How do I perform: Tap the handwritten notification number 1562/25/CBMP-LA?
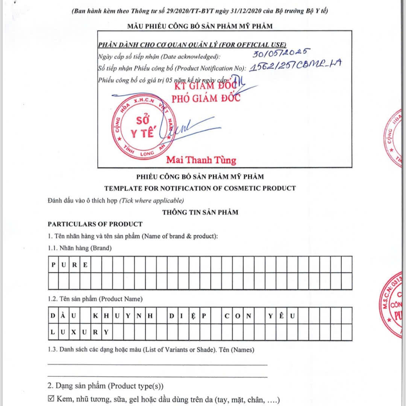coord(295,66)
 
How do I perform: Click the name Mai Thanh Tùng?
coord(201,160)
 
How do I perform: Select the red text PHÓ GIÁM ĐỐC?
coord(206,98)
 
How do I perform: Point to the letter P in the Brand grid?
coord(53,265)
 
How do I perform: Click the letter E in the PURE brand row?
coord(86,265)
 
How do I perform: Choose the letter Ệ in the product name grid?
coord(193,316)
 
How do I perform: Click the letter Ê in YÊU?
coord(281,316)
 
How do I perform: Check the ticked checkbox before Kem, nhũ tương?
coord(51,399)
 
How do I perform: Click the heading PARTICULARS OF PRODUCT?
coord(95,224)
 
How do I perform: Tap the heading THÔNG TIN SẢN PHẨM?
coord(200,212)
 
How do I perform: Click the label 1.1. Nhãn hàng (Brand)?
coord(80,248)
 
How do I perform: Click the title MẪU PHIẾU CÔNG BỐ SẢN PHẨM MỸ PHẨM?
coord(200,26)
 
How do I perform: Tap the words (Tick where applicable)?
coord(151,200)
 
